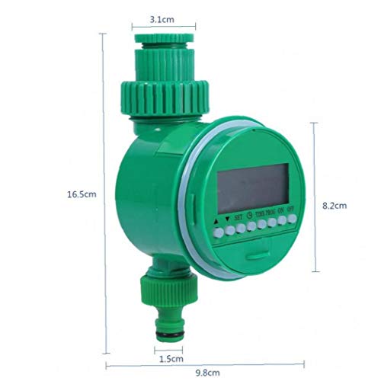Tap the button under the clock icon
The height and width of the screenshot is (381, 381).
point(251,227)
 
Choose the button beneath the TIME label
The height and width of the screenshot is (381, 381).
point(261,226)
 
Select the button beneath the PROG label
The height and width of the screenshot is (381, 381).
point(271,224)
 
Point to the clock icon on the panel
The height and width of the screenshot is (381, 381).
point(249,215)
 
